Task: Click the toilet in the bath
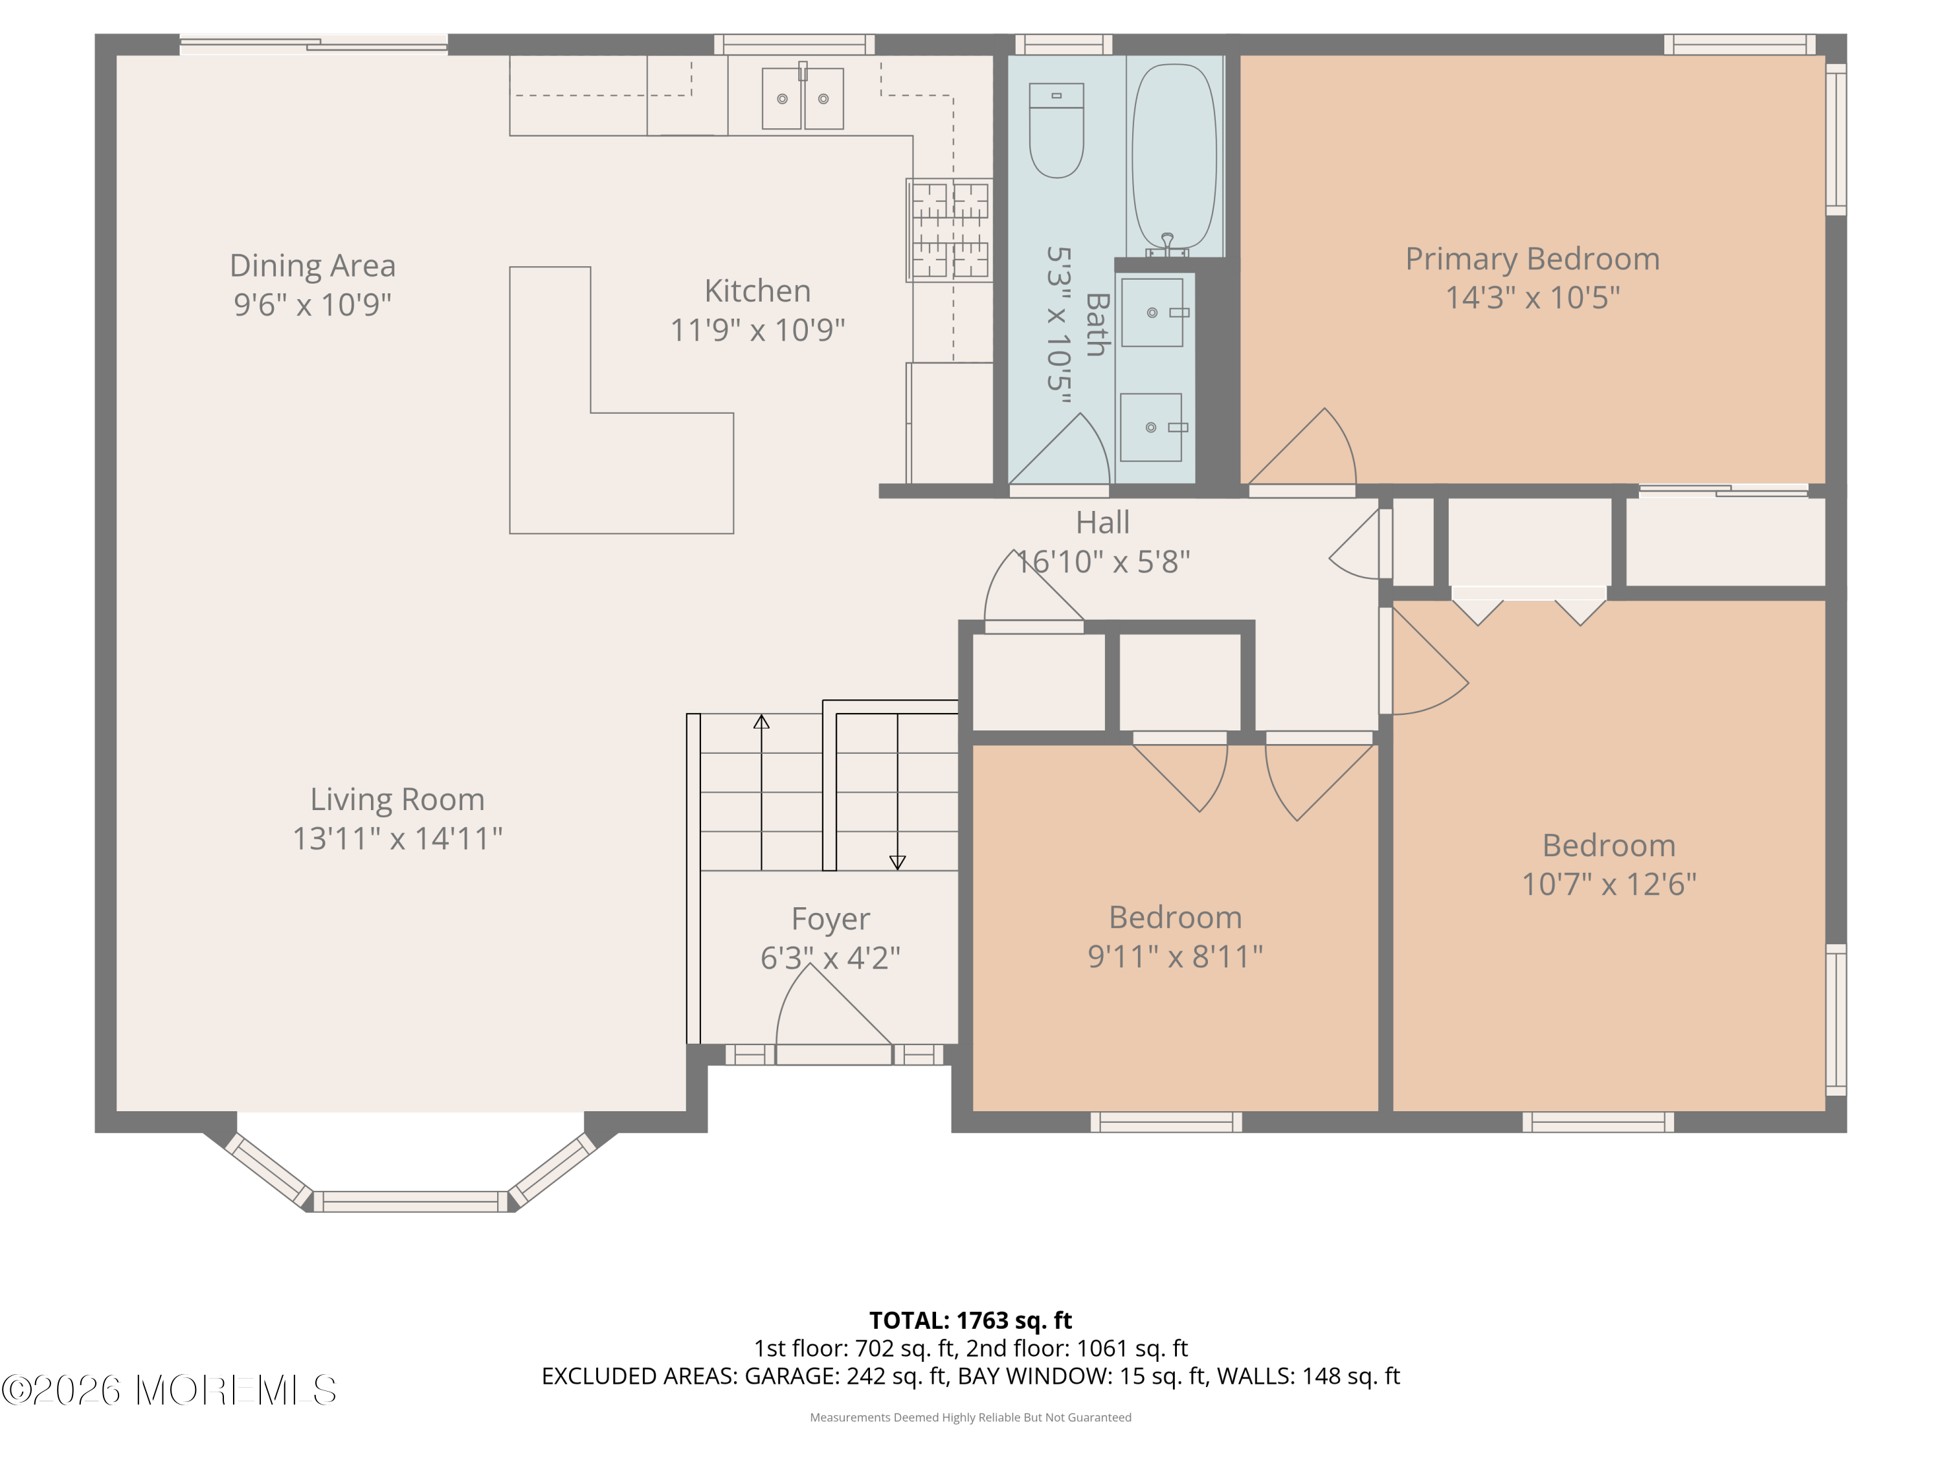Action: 1056,130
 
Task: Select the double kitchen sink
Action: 803,98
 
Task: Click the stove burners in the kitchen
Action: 949,230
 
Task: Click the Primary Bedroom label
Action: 1532,259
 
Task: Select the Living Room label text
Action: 397,799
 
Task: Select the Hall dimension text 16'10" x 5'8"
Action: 1102,562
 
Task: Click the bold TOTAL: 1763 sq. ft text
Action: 970,1320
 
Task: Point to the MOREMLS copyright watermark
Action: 168,1390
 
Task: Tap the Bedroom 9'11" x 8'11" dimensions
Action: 1176,956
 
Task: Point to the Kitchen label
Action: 757,291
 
